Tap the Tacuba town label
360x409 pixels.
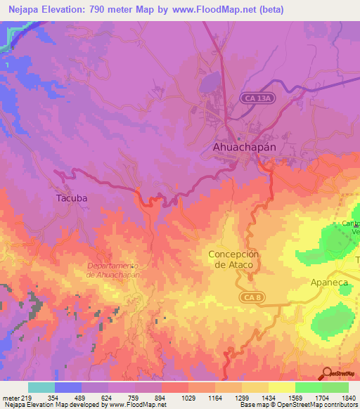[x=72, y=198]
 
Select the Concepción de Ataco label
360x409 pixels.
[x=234, y=259]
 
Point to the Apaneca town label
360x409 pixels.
[x=329, y=282]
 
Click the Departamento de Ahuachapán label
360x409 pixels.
[x=113, y=270]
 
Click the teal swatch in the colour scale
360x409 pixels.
[x=41, y=387]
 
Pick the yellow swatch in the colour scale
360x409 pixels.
[x=281, y=387]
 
